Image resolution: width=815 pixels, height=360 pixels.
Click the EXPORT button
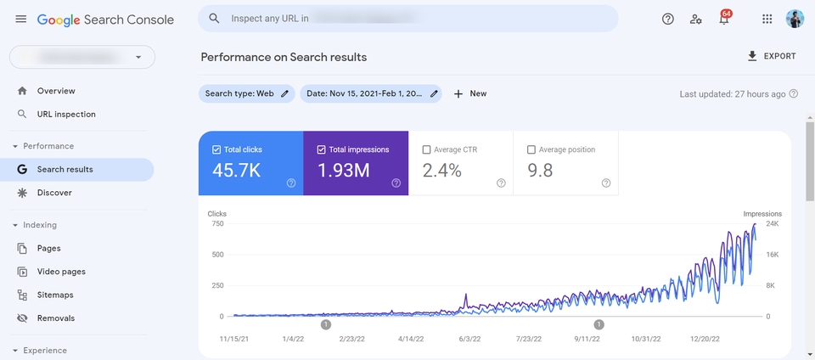(771, 57)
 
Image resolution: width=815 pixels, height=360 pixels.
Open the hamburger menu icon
(21, 19)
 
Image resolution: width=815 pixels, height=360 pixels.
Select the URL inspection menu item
(66, 115)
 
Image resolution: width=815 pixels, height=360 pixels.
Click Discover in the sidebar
(54, 193)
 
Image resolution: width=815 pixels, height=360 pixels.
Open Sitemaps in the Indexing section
(55, 295)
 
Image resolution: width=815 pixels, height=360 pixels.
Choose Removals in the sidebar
(56, 318)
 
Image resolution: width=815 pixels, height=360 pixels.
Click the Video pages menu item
(61, 272)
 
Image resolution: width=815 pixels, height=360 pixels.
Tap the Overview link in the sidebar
(56, 91)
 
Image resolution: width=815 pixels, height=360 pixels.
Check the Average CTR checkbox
(426, 150)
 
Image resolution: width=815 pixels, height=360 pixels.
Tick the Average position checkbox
(531, 150)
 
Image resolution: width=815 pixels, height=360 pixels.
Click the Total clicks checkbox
(216, 150)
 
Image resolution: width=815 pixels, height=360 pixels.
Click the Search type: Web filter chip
(246, 93)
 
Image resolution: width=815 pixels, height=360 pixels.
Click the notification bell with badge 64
(724, 19)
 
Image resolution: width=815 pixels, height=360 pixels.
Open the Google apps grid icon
(767, 19)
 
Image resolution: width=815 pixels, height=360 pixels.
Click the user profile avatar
(795, 19)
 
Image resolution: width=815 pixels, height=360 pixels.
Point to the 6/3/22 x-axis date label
(469, 339)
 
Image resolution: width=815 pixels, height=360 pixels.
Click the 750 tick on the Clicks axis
(217, 224)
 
